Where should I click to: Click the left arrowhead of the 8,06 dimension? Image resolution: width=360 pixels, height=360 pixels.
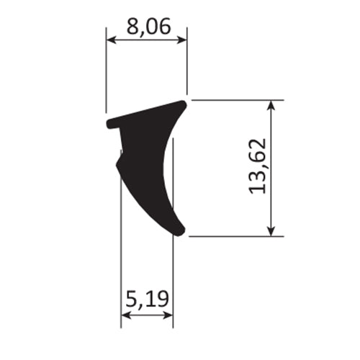(x=110, y=41)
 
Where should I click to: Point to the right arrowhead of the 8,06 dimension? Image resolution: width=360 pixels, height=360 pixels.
(x=183, y=41)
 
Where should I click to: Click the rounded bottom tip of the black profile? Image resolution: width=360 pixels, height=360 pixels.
(x=179, y=230)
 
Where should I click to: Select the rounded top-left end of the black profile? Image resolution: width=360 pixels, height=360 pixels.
(x=110, y=123)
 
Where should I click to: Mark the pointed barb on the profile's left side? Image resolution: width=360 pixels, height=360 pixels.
(x=117, y=162)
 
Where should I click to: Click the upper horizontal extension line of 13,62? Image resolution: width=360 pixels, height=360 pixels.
(x=238, y=100)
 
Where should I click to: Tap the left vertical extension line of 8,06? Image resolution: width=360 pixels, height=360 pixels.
(x=107, y=72)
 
